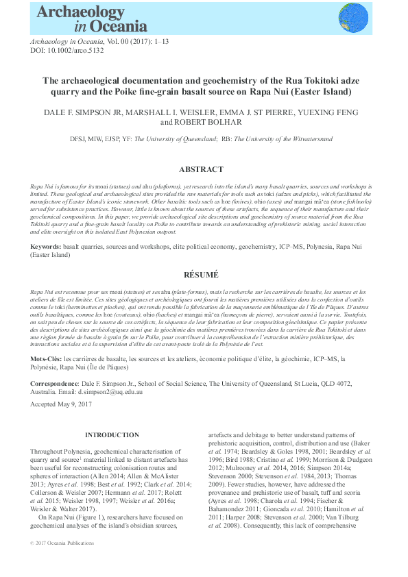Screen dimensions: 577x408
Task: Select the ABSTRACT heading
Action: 201,169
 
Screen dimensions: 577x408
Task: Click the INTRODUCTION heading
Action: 111,435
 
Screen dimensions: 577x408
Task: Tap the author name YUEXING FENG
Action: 326,112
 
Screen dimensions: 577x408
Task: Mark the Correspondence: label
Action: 55,383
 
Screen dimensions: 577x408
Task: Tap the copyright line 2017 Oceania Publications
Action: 65,543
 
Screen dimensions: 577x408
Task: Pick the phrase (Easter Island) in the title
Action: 322,91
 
